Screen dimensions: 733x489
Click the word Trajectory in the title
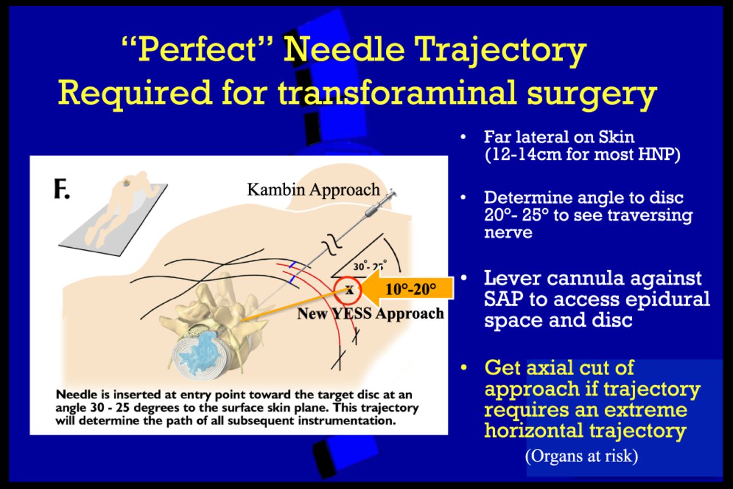(x=502, y=50)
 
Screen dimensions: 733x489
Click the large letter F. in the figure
(x=62, y=189)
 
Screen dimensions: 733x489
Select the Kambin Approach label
(x=313, y=190)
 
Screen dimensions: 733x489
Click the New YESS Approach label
(x=370, y=314)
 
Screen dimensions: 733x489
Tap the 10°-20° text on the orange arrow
(x=411, y=289)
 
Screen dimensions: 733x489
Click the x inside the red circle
(x=349, y=290)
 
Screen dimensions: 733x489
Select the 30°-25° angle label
(x=370, y=266)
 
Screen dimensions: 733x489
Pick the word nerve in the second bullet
(x=508, y=232)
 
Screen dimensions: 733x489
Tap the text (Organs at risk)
(x=581, y=456)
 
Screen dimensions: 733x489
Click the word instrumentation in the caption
(x=346, y=421)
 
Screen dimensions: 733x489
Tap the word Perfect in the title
(x=198, y=50)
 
